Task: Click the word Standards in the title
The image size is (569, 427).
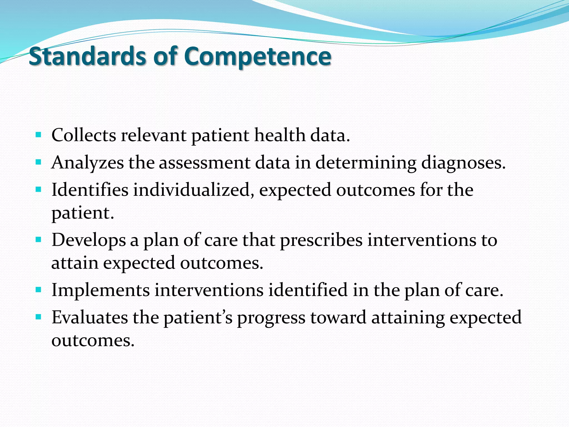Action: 87,56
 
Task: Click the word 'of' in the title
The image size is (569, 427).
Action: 165,56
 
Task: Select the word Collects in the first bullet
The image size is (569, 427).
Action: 84,135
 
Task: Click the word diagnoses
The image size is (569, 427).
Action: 463,163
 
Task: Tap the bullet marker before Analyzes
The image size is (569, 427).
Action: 39,162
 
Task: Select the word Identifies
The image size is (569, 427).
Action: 90,190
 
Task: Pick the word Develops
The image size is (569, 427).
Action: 88,240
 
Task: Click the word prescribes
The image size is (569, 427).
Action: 321,240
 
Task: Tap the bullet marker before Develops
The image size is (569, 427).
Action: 39,239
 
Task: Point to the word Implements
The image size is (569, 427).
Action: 101,290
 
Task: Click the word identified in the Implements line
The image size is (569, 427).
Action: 308,290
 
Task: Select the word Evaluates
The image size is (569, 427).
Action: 90,317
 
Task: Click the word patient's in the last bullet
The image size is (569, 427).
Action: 198,317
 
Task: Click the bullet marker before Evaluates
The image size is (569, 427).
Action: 39,317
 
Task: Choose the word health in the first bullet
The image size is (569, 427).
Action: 280,135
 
